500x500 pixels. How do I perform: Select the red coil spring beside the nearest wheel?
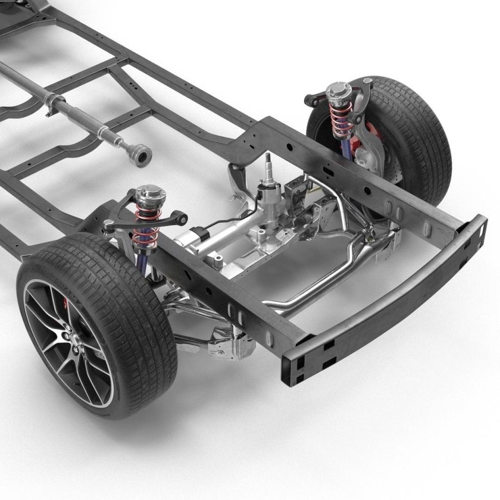pyautogui.click(x=145, y=227)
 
